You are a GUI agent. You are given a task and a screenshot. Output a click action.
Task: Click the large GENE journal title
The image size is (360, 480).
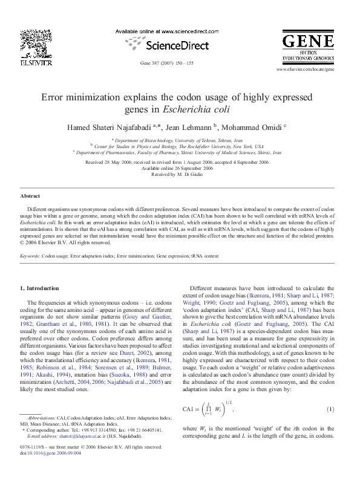309,42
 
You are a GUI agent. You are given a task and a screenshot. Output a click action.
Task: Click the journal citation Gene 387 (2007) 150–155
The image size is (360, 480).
167,63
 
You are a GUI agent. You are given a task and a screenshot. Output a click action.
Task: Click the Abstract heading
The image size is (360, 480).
30,196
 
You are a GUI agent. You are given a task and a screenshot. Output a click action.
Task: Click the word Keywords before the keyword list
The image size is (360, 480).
30,256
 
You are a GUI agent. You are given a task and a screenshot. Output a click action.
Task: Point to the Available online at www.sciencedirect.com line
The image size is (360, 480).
166,31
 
